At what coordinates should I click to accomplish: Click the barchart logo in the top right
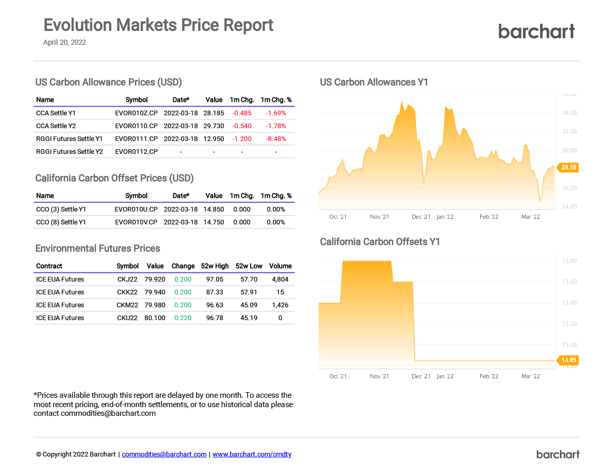tap(536, 31)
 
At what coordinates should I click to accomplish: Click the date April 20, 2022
tap(64, 43)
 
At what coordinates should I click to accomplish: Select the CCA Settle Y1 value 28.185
tap(214, 113)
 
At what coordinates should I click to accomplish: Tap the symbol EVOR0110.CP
tap(136, 126)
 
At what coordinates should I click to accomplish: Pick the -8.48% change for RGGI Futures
tap(276, 139)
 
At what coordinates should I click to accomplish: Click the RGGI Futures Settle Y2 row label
tap(69, 152)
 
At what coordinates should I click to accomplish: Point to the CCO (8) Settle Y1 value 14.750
tap(214, 222)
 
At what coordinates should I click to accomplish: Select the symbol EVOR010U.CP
tap(136, 209)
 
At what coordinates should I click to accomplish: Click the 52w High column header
tap(215, 266)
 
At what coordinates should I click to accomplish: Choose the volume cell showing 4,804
tap(280, 279)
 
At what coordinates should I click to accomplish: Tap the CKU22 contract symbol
tap(127, 318)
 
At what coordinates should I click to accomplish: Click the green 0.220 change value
tap(183, 318)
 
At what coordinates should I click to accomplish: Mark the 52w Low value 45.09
tap(249, 305)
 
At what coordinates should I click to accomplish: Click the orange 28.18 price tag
tap(569, 167)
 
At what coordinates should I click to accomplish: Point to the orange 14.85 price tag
tap(569, 360)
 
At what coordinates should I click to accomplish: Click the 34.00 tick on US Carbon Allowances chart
tap(569, 113)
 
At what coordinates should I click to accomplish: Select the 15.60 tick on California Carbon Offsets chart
tap(569, 282)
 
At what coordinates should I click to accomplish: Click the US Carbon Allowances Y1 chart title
tap(374, 82)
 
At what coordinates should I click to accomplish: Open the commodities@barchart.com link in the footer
tap(164, 454)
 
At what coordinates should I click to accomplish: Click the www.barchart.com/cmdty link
tap(252, 454)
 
